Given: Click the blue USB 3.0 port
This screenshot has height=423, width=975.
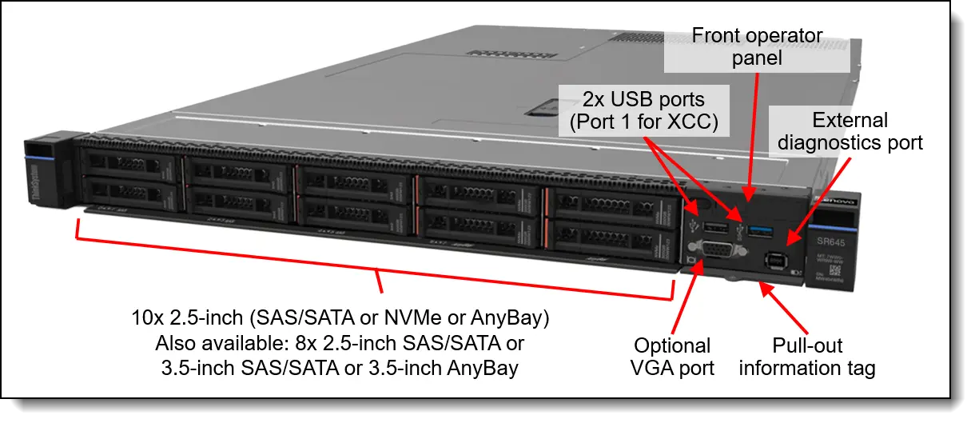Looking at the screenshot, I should [759, 232].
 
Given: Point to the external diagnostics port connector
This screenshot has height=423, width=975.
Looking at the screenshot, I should [774, 261].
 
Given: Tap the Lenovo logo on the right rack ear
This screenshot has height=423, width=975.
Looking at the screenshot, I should [834, 202].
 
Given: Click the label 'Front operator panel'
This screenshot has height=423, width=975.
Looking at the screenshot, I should [757, 47].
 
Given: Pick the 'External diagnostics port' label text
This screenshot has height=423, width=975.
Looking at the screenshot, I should [850, 131].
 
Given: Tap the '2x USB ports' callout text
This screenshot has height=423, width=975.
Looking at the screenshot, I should [643, 100].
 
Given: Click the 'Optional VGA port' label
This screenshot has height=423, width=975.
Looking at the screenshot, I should [672, 357].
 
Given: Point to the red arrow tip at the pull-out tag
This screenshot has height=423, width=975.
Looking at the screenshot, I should [760, 282].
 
